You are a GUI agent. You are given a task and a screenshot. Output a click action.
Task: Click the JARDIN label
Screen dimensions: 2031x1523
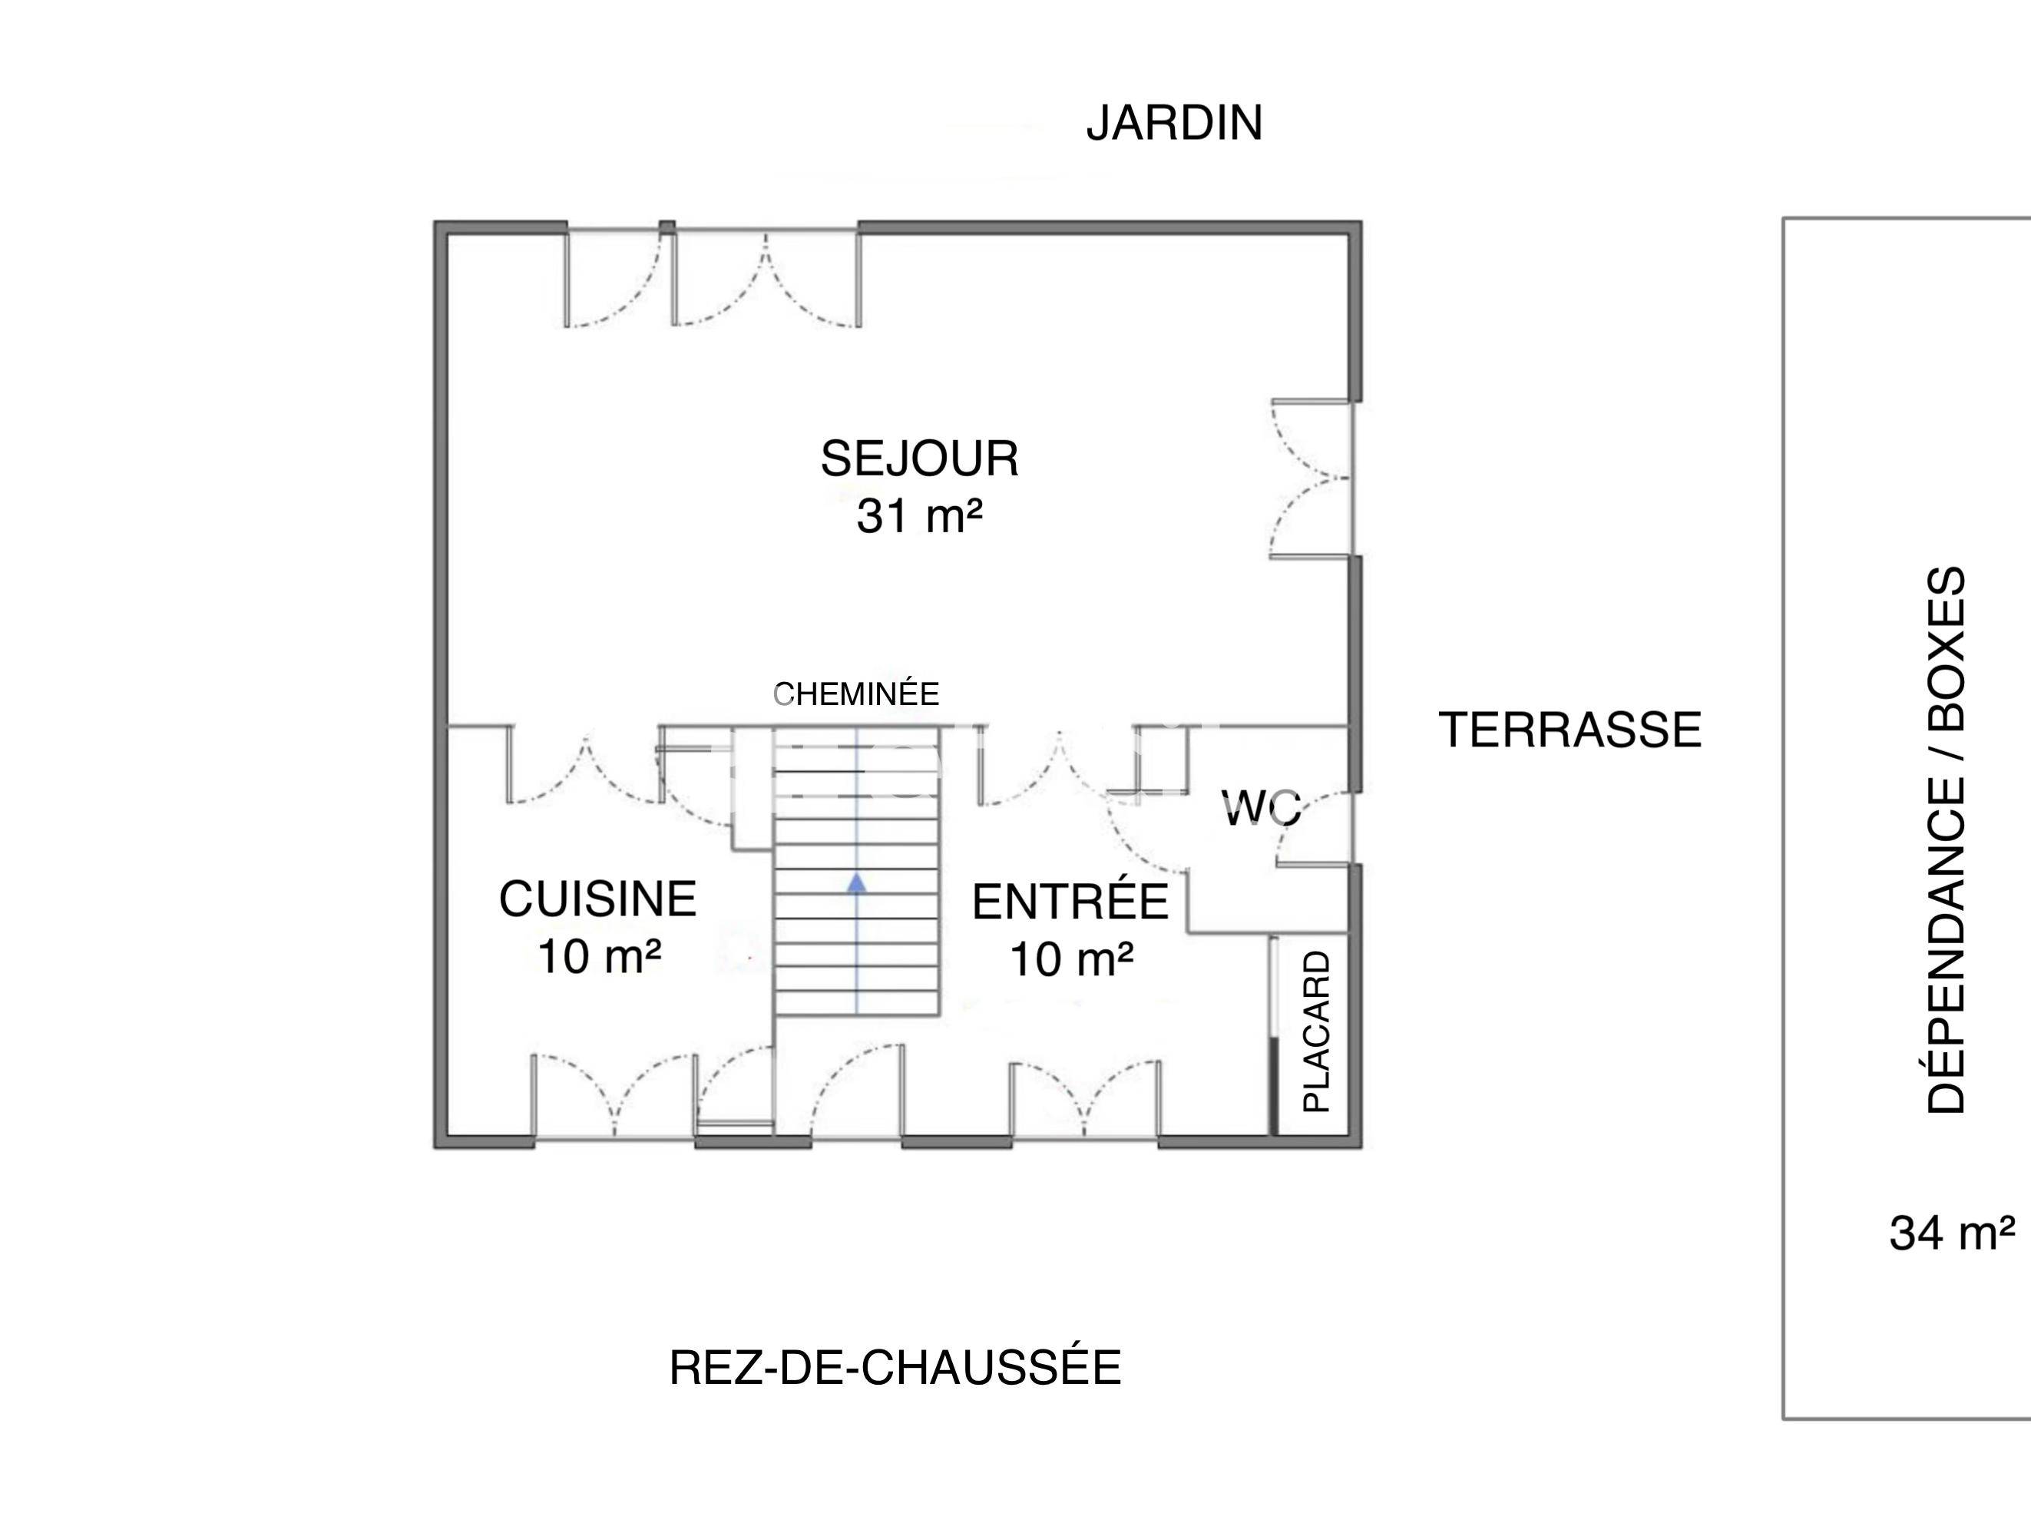pos(1173,123)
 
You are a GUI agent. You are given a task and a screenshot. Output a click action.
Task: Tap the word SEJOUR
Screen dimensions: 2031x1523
pos(919,459)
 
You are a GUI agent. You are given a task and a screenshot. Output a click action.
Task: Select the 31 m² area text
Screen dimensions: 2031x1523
pos(919,515)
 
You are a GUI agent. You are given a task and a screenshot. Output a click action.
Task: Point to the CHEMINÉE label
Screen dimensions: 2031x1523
pos(855,694)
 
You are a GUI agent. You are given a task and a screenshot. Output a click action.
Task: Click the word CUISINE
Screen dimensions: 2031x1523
pos(597,899)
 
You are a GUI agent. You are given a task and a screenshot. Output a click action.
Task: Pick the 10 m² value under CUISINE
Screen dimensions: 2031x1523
pos(599,956)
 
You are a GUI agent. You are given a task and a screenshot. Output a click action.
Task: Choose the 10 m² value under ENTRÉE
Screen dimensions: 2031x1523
pos(1070,960)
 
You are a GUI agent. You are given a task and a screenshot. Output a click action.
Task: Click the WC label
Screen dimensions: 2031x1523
pos(1262,808)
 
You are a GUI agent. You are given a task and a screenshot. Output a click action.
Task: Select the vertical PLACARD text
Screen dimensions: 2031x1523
pos(1317,1031)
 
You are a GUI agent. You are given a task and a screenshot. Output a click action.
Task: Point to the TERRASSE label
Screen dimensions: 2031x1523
pos(1570,730)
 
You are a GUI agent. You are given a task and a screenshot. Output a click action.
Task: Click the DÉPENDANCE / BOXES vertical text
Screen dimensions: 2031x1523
pos(1946,839)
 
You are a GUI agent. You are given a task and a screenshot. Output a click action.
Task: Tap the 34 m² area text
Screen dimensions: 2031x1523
pos(1952,1233)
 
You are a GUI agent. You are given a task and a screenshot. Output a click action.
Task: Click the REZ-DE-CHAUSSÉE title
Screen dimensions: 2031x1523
pos(895,1368)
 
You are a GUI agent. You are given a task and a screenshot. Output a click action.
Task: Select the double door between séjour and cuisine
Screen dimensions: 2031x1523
pos(586,766)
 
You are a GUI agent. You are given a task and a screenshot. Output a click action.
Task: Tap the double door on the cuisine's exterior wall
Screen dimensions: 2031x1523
pos(614,1097)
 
